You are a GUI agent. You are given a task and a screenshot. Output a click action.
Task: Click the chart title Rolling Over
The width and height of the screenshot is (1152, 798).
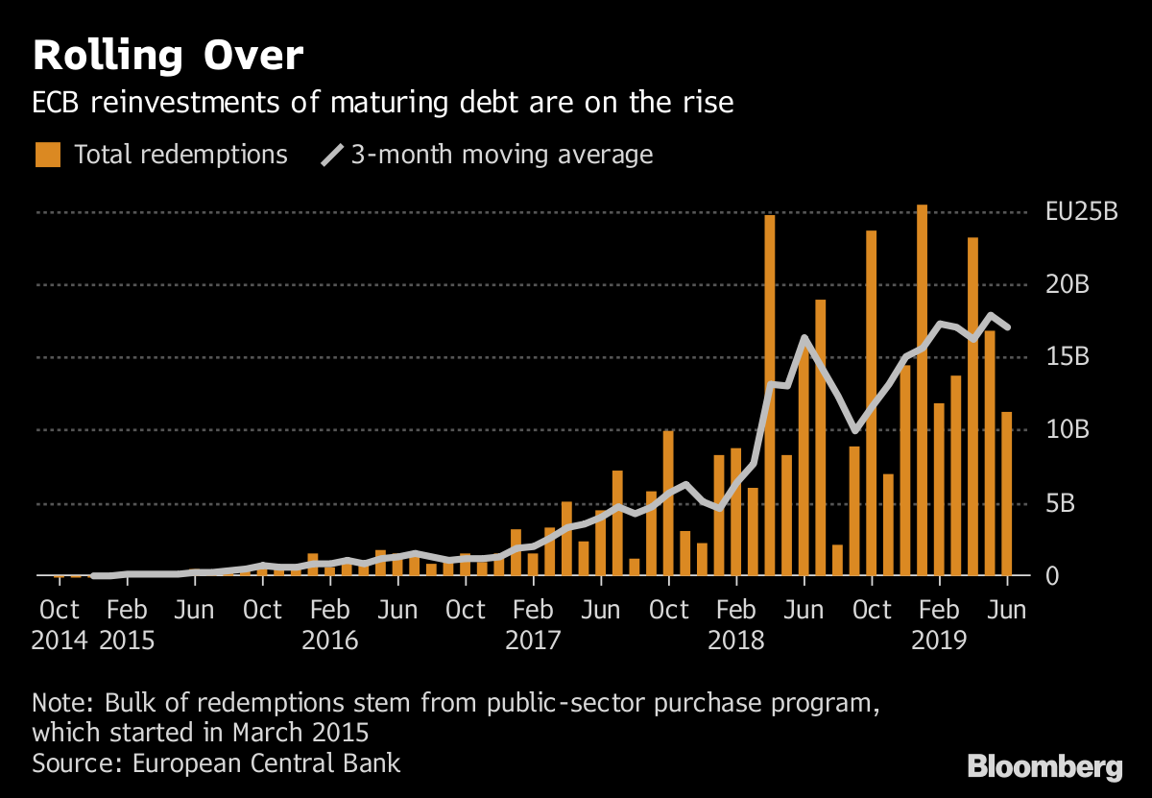click(168, 57)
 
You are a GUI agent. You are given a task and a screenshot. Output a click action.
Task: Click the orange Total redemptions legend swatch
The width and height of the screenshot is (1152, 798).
click(48, 155)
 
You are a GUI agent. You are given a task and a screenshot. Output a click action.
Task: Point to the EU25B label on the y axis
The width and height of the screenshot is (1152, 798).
click(1081, 212)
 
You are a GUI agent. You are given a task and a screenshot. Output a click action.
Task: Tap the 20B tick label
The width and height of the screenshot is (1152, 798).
click(1066, 285)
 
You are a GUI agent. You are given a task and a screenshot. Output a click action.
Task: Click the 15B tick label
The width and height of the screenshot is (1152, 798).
click(1066, 358)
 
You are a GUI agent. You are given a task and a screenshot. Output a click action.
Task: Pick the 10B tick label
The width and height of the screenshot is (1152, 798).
click(1066, 430)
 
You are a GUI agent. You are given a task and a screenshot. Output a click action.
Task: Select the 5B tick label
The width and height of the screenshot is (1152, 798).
click(1059, 503)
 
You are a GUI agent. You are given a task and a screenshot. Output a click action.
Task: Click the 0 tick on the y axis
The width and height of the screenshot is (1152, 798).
click(1052, 576)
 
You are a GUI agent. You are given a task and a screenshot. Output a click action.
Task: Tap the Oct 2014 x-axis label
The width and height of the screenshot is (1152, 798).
click(60, 625)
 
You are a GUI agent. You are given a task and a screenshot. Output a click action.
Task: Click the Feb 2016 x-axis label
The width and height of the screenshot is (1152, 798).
click(330, 625)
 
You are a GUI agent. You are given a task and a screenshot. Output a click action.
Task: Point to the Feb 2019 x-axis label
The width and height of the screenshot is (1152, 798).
click(939, 625)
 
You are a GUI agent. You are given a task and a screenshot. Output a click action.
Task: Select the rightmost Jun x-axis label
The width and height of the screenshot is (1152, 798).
click(1007, 610)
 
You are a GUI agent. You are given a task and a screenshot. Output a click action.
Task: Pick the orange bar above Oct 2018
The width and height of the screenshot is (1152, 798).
click(871, 403)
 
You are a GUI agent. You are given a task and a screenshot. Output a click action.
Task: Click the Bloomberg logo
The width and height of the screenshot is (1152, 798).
click(1044, 767)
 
